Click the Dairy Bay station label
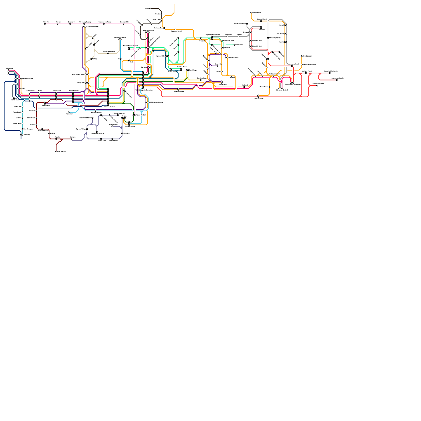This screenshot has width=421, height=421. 46,22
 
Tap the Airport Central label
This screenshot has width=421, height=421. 74,91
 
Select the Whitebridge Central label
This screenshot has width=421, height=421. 156,102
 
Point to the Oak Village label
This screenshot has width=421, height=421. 193,70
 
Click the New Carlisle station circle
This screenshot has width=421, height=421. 302,56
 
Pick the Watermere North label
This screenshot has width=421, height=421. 293,64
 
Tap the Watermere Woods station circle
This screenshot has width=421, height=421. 302,64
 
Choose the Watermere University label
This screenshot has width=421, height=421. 293,84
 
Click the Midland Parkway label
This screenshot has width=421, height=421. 109,52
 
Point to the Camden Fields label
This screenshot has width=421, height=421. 182,67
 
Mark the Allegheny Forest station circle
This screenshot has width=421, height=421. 268,38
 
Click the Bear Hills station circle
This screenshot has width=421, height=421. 217,66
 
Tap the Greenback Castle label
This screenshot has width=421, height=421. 338,78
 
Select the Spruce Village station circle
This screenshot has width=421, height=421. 87,129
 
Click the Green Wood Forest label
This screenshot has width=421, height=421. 85,118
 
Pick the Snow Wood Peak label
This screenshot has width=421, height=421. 98,134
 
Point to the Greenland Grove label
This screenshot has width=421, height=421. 148,31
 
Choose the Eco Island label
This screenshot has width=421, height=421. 280,34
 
